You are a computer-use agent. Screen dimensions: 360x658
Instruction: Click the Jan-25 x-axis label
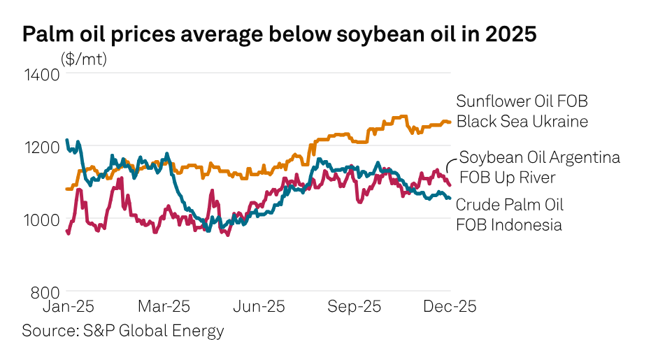click(69, 307)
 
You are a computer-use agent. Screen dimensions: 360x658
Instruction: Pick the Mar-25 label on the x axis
click(164, 307)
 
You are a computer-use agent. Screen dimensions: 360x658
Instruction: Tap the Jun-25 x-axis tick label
click(259, 307)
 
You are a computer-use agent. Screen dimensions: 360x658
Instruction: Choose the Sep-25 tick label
click(354, 307)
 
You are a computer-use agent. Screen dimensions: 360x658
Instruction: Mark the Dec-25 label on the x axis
click(449, 307)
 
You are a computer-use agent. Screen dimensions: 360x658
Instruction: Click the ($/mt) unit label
click(84, 59)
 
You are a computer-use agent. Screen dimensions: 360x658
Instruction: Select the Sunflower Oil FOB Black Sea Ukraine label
click(522, 111)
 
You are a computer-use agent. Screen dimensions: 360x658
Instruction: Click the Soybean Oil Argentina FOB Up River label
click(538, 168)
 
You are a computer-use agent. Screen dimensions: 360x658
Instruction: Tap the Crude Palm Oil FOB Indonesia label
click(509, 215)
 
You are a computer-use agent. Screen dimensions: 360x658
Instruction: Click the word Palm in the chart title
click(47, 34)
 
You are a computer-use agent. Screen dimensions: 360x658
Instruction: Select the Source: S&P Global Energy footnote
click(122, 330)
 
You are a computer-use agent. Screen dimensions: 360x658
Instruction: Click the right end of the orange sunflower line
click(450, 122)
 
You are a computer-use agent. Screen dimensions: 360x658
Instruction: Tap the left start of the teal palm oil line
click(67, 141)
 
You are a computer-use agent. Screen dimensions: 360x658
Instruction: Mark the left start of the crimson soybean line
click(67, 231)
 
